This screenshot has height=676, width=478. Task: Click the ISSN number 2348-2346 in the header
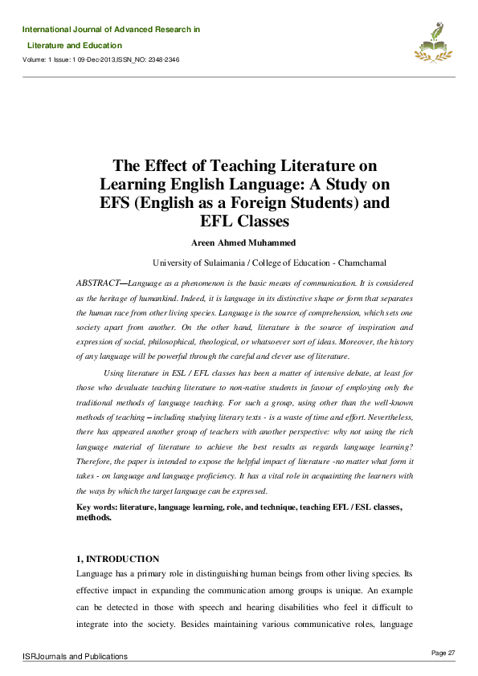click(x=161, y=60)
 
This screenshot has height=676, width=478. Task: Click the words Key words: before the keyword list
click(x=96, y=507)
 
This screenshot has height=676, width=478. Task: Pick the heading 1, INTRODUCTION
click(x=117, y=559)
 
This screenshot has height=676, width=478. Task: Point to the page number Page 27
click(x=443, y=652)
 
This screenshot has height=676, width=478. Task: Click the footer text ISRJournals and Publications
click(x=75, y=657)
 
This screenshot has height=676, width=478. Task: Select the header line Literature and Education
click(x=75, y=46)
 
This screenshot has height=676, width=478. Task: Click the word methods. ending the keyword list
click(x=94, y=518)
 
